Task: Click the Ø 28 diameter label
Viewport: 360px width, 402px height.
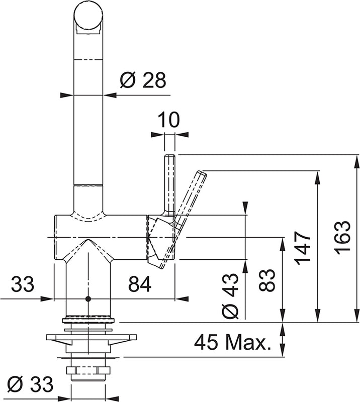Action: (143, 80)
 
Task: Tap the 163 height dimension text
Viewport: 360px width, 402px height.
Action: (343, 237)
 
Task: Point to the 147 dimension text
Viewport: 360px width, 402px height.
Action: (303, 248)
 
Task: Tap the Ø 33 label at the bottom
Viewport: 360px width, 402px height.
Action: (31, 385)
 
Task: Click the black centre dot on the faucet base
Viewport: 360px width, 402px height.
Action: (88, 299)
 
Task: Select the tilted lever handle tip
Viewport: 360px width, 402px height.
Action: (201, 177)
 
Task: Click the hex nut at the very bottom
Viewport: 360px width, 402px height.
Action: (88, 372)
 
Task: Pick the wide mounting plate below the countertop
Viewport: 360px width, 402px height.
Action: (91, 337)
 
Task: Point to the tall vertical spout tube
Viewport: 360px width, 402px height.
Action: (89, 126)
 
